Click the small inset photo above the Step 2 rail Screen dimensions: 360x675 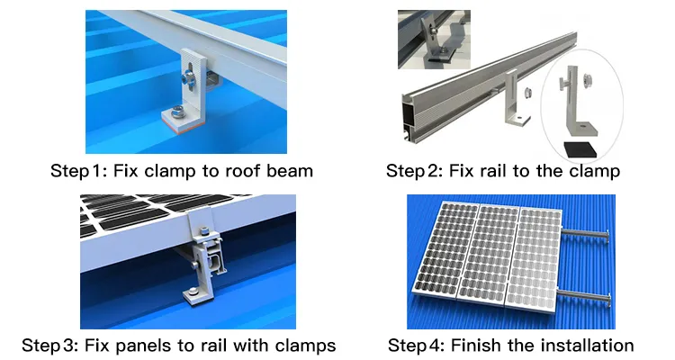pos(434,40)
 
